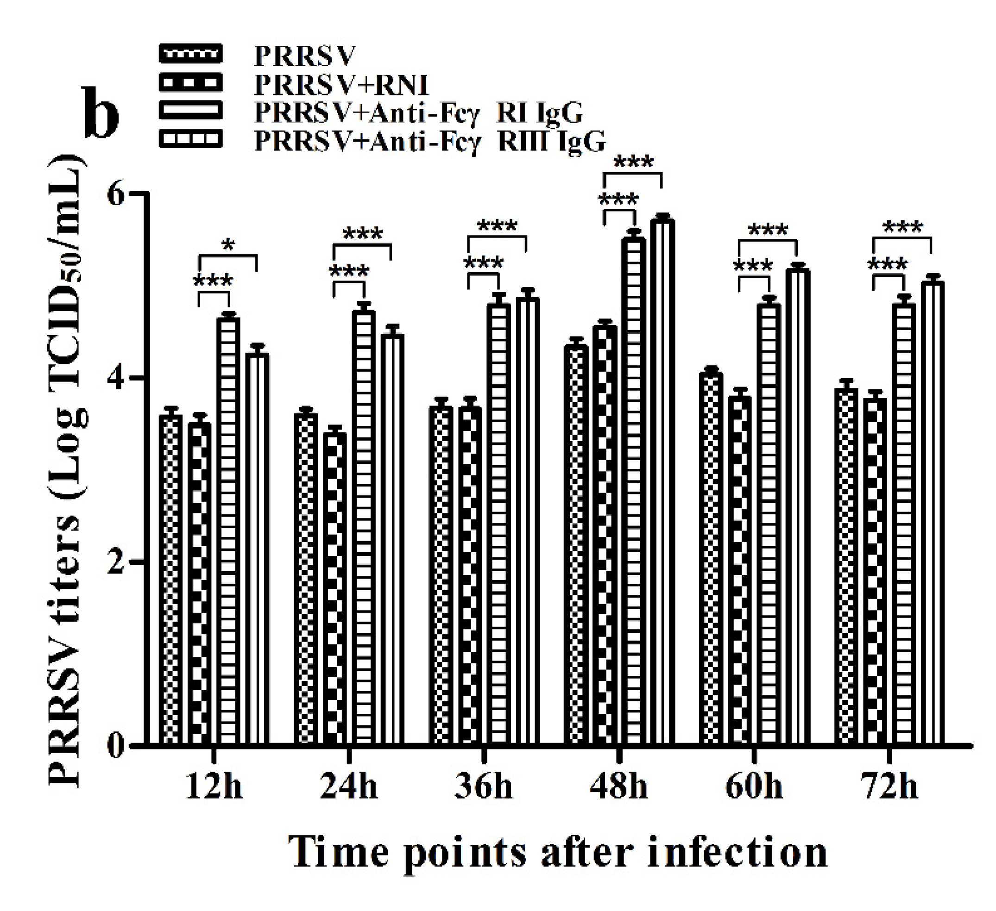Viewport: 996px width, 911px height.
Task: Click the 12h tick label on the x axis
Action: click(x=214, y=786)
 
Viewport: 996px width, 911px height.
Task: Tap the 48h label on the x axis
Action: click(x=618, y=786)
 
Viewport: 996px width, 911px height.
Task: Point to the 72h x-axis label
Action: click(x=889, y=786)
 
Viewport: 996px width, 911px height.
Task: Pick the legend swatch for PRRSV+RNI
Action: click(x=191, y=82)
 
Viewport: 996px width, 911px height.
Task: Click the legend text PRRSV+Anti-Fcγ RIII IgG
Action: click(x=430, y=141)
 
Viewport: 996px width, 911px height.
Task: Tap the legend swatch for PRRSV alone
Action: click(x=191, y=54)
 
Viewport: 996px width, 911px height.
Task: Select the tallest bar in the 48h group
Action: click(x=662, y=479)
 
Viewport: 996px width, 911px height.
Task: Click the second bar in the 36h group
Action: click(x=470, y=573)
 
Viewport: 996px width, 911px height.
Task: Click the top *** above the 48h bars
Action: click(x=633, y=162)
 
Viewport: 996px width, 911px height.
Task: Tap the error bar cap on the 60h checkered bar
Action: click(x=712, y=368)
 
